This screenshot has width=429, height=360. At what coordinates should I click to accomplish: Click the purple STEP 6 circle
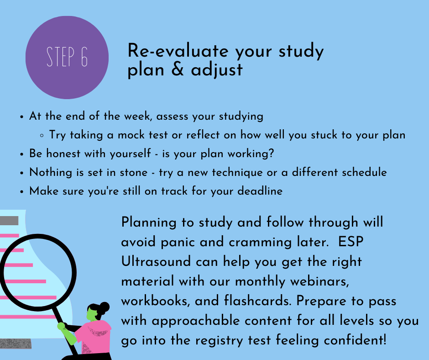pyautogui.click(x=67, y=58)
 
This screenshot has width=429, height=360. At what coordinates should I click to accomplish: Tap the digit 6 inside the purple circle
pyautogui.click(x=84, y=57)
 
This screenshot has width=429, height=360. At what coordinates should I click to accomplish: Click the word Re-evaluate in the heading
pyautogui.click(x=178, y=51)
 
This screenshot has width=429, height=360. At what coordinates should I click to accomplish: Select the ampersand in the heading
pyautogui.click(x=178, y=69)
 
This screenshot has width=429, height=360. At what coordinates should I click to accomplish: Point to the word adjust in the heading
pyautogui.click(x=217, y=70)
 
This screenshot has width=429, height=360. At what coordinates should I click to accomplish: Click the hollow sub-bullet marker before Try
pyautogui.click(x=42, y=135)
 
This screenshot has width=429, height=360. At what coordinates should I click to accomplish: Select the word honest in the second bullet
pyautogui.click(x=63, y=154)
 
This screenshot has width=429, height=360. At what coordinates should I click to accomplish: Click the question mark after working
pyautogui.click(x=271, y=153)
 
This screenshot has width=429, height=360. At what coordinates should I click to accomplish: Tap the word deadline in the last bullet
pyautogui.click(x=260, y=191)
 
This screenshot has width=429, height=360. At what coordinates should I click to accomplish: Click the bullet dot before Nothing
pyautogui.click(x=22, y=173)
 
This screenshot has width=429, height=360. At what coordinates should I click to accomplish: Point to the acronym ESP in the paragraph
pyautogui.click(x=351, y=242)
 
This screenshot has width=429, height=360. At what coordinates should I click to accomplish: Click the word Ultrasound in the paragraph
pyautogui.click(x=156, y=261)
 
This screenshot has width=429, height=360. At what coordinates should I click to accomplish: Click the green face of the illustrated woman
pyautogui.click(x=92, y=314)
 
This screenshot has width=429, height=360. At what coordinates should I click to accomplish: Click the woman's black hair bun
pyautogui.click(x=105, y=307)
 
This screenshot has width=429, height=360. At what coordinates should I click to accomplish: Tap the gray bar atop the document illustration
pyautogui.click(x=9, y=221)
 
